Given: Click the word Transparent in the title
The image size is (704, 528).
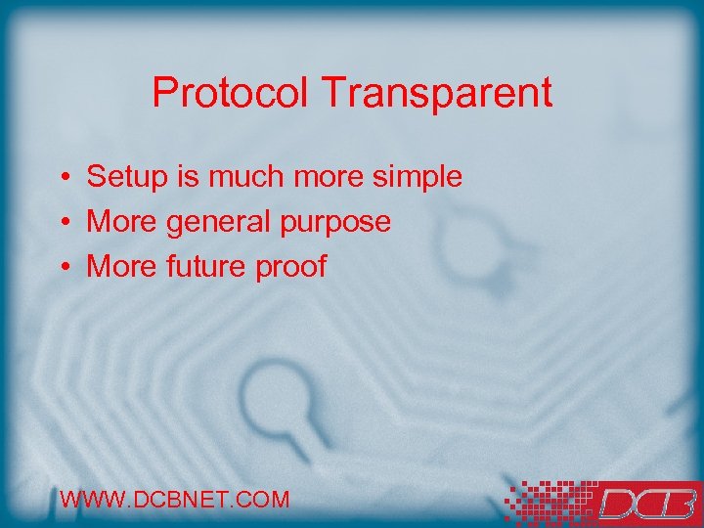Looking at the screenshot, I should (x=436, y=94).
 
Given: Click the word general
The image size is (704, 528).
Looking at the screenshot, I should (x=215, y=223).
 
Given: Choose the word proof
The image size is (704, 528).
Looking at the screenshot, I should (x=291, y=266).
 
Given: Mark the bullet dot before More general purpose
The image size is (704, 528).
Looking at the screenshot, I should (x=62, y=223).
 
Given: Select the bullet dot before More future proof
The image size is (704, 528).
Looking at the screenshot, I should (x=62, y=267).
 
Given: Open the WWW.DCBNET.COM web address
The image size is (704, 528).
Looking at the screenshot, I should (x=175, y=500).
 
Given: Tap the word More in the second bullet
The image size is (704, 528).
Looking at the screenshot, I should (x=122, y=222).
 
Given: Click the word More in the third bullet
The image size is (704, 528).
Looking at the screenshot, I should (x=122, y=266).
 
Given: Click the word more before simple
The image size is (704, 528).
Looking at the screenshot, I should (x=323, y=177).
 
